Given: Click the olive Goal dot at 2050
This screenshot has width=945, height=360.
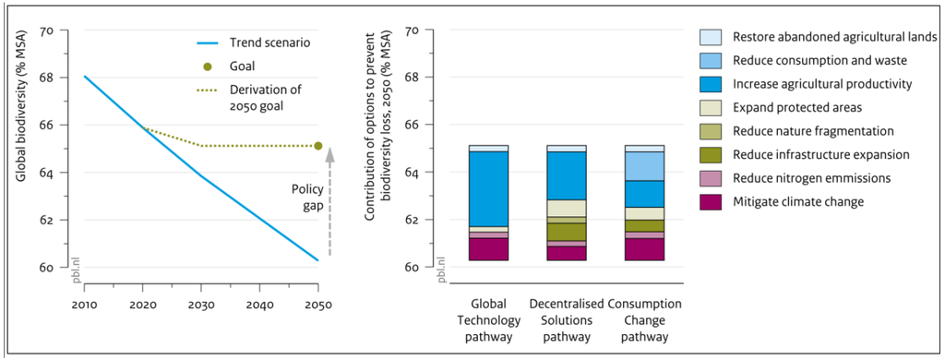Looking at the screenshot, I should pyautogui.click(x=318, y=145).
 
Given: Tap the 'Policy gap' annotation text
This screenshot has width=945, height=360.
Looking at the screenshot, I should pyautogui.click(x=307, y=198).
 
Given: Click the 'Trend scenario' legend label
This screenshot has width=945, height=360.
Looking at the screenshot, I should pyautogui.click(x=269, y=42).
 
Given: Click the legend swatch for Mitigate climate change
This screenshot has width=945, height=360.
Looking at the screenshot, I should pyautogui.click(x=711, y=201).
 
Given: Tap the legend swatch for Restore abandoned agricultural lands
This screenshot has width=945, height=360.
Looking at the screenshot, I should pyautogui.click(x=711, y=37).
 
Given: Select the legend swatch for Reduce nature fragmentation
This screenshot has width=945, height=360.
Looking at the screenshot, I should pyautogui.click(x=711, y=131).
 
